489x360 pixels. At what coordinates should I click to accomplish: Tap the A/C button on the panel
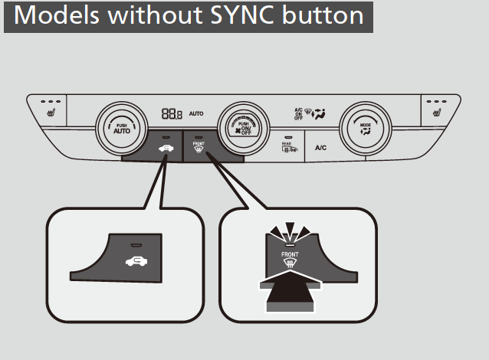tap(321, 148)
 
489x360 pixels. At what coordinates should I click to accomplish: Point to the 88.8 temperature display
tap(172, 114)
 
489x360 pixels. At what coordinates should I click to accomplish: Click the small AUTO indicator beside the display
tap(196, 114)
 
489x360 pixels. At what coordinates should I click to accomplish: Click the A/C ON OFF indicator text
tap(298, 114)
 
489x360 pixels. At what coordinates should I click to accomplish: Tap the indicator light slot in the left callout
tap(136, 246)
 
